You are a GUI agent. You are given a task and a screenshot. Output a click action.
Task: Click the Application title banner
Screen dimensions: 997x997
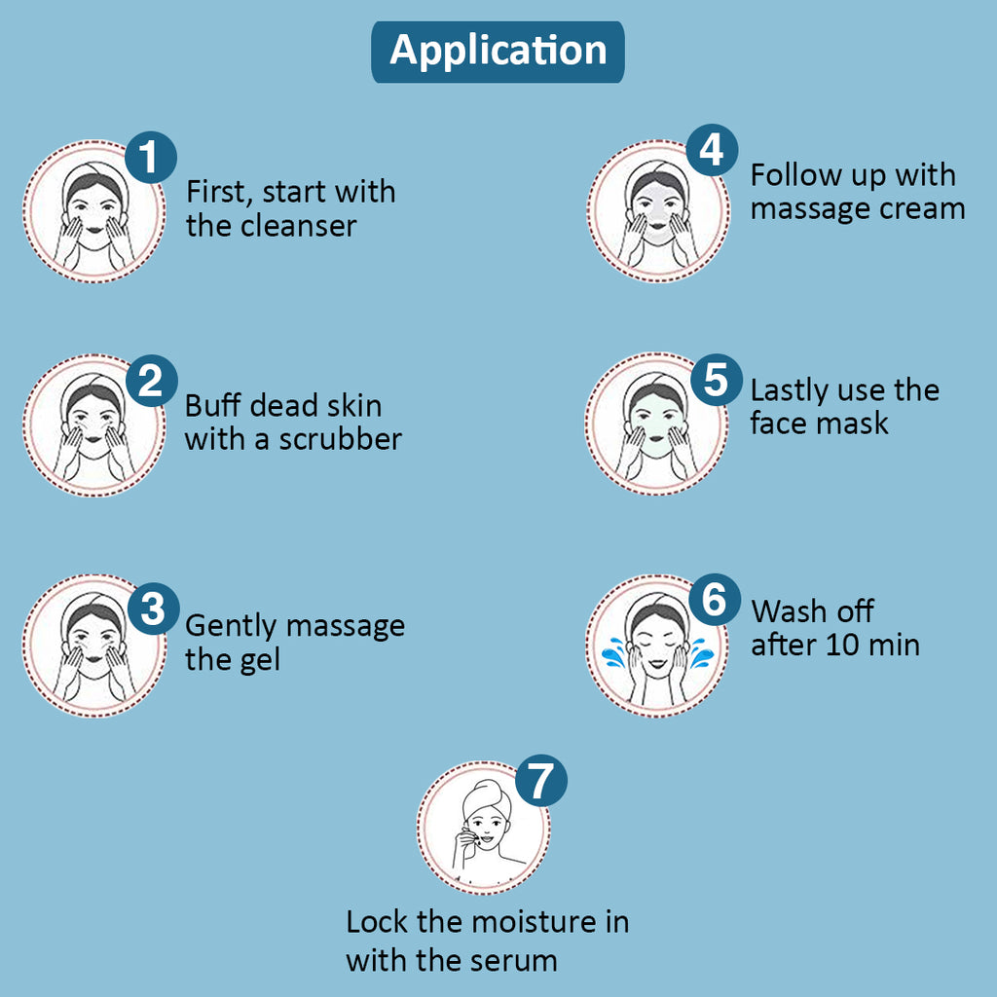(498, 51)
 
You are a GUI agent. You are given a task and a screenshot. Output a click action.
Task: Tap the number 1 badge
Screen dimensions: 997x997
(150, 159)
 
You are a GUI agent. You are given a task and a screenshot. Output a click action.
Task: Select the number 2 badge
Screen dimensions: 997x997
(151, 381)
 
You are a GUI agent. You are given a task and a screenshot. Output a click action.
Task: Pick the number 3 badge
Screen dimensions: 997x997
(152, 609)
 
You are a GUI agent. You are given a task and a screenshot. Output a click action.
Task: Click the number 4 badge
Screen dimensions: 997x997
(712, 151)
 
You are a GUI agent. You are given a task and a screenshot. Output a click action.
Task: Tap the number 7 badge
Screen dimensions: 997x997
(541, 782)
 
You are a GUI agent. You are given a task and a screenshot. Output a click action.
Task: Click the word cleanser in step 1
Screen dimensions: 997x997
(295, 226)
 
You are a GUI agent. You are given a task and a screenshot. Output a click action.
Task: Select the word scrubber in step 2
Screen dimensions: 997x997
(341, 439)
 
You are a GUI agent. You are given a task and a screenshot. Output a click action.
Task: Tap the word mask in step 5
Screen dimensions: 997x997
(854, 424)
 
